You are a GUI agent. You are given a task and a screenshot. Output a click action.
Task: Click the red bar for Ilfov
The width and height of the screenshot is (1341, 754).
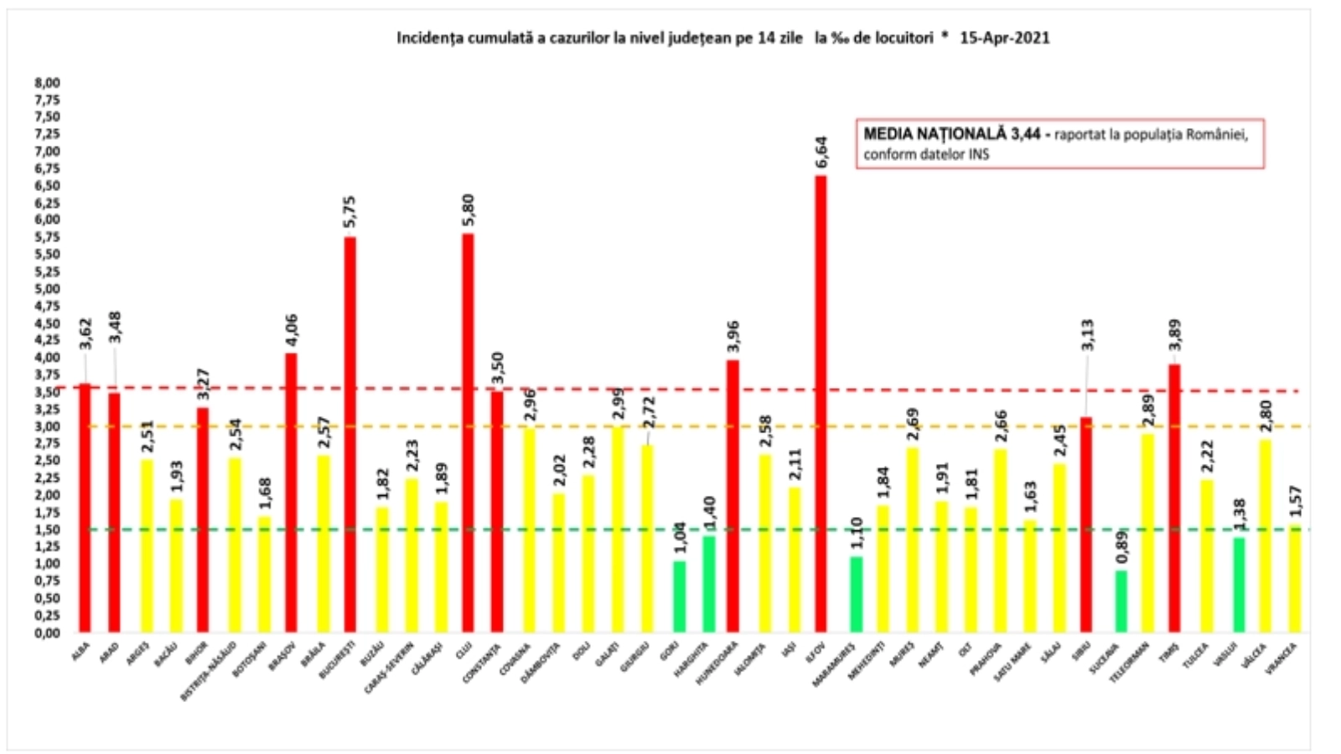821,402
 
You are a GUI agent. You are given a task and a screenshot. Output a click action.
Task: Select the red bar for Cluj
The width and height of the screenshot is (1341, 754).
468,431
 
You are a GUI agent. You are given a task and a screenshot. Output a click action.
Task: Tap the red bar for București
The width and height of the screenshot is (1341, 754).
349,433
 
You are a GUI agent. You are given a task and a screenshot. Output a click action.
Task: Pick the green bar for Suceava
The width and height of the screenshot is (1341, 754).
1121,601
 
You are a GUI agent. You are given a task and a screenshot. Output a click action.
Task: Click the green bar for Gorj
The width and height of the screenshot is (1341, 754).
679,596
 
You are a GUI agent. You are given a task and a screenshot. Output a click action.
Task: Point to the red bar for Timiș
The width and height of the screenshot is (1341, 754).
1174,498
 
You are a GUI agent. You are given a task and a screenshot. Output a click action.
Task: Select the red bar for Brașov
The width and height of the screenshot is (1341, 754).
291,492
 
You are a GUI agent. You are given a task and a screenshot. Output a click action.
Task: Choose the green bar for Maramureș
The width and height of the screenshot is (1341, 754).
856,593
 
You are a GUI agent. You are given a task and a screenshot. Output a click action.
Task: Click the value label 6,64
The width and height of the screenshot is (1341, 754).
821,152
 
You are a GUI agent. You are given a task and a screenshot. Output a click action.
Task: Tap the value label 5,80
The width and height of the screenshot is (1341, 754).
469,210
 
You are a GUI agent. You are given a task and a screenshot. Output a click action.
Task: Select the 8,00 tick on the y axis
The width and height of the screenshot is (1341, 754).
47,83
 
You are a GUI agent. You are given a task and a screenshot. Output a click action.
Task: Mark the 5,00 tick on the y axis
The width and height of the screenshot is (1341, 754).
47,288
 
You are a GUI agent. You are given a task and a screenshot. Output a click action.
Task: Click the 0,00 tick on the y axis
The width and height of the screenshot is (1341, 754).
47,633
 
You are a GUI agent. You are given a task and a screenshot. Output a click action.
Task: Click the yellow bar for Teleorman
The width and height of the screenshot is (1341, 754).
1147,532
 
